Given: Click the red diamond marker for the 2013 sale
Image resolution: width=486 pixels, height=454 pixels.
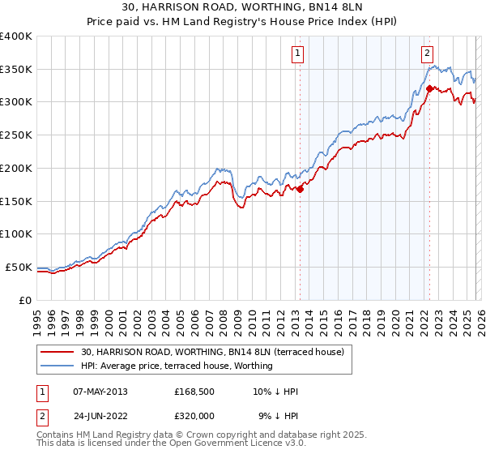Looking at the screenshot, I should pyautogui.click(x=300, y=189).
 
